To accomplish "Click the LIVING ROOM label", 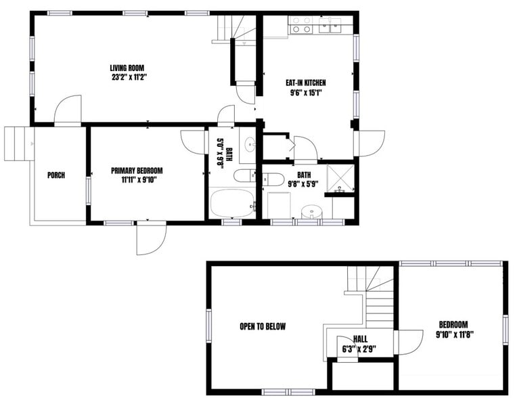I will pos(129,67).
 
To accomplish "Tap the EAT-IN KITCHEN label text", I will pos(303,83).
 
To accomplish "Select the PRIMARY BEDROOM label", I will pos(137,171).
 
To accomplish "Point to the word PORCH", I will pos(56,175).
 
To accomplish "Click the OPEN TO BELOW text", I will pos(263,326).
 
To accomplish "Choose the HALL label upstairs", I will pos(360,339).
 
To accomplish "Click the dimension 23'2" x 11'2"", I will pos(129,77).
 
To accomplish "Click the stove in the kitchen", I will pos(300,26).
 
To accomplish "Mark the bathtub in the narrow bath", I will pos(231,204).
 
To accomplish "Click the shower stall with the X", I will pos(340,178).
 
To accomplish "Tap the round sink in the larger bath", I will pos(311,211).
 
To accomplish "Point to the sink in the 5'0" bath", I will pos(249,143).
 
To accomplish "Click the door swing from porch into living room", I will pos(68,110).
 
